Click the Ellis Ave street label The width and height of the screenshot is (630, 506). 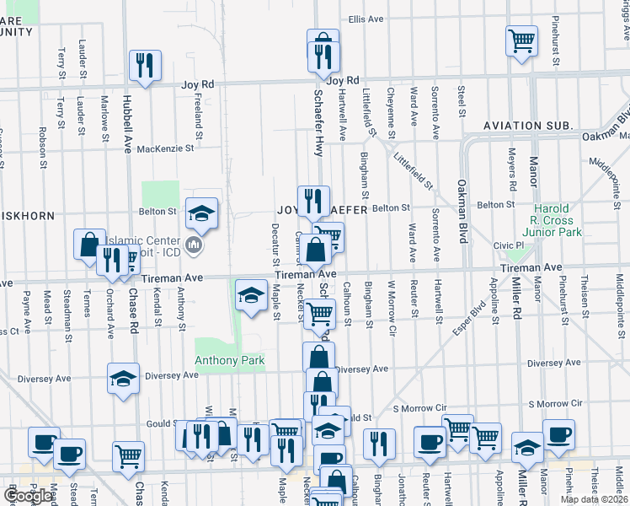(366, 19)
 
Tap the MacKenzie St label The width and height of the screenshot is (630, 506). (165, 148)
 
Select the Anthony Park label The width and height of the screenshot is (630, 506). (230, 361)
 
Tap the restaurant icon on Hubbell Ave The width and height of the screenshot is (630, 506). (144, 65)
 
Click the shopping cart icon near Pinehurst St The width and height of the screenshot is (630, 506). (521, 39)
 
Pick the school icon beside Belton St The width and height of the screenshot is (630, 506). (201, 213)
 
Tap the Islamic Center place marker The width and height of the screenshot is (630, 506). (194, 245)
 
